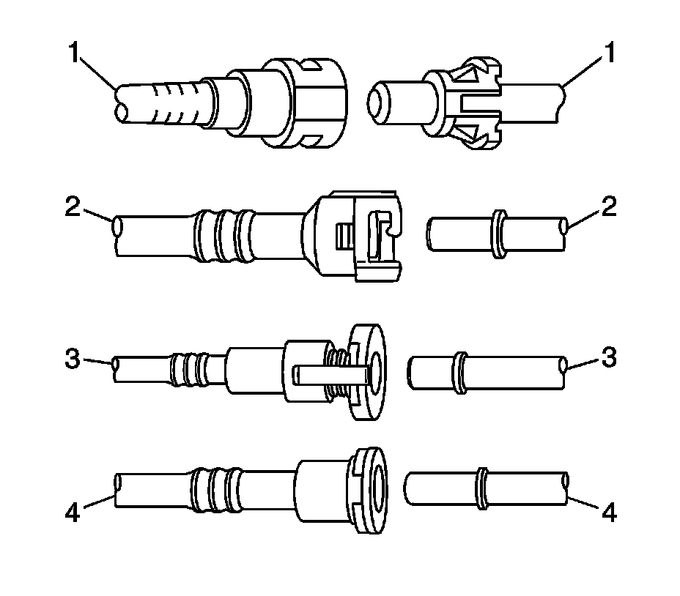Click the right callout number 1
tap(610, 53)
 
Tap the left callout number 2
tap(73, 206)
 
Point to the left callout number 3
tap(73, 359)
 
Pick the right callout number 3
tap(609, 359)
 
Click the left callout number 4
tap(73, 513)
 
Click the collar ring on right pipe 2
tap(500, 234)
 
